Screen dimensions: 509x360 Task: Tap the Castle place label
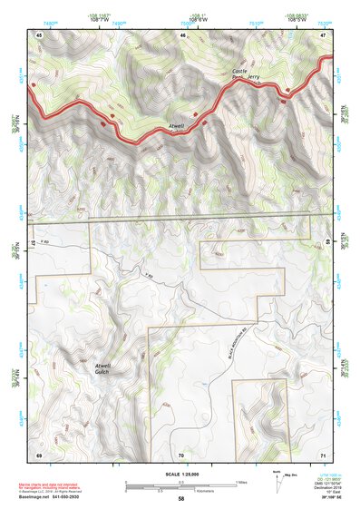coord(238,72)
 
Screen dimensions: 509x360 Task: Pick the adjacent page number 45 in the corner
coord(39,34)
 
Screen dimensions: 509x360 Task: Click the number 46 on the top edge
coord(182,34)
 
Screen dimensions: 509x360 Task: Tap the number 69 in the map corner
coord(39,453)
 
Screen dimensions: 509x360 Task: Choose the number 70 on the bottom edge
coord(181,453)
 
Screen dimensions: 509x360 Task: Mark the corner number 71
coord(323,453)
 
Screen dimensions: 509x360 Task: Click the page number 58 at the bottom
coord(181,499)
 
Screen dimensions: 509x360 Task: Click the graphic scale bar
coord(180,485)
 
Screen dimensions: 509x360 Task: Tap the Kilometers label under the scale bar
coord(180,491)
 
